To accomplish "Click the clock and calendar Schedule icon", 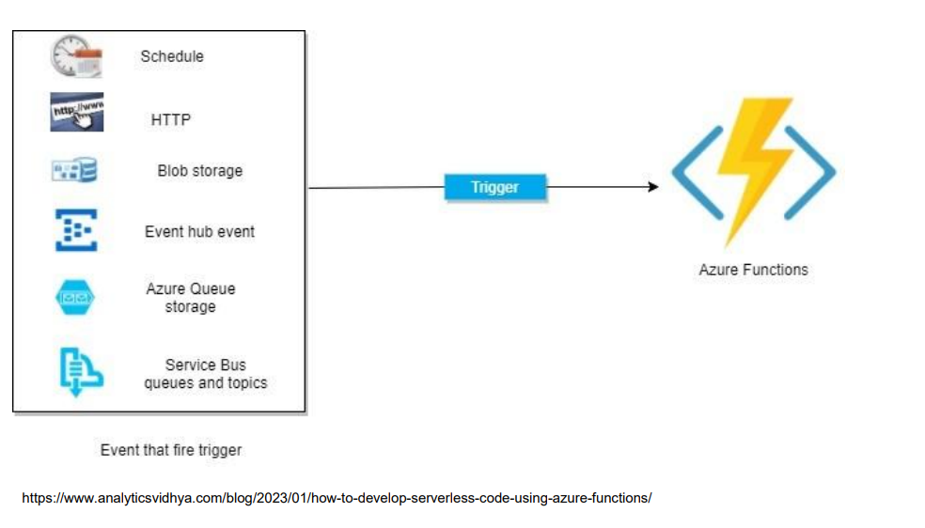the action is [x=76, y=56].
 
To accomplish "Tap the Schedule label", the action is [x=172, y=56].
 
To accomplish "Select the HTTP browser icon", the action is [x=77, y=112].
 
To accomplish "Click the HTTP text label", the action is [x=170, y=119].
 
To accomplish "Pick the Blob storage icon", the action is [x=74, y=170].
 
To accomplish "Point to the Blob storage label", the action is [x=199, y=171].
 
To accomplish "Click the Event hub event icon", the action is [x=76, y=230].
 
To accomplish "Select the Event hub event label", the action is [x=199, y=232].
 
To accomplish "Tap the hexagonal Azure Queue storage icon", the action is [x=75, y=298].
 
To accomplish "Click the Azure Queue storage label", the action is [x=191, y=298].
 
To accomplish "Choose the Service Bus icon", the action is [x=81, y=372].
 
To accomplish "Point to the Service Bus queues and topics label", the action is [x=205, y=374].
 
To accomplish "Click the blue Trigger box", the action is [x=495, y=187].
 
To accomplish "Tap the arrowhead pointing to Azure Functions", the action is [x=653, y=187].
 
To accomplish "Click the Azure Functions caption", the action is [x=753, y=270].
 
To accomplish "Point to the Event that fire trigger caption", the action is [x=171, y=450].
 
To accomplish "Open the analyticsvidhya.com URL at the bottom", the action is [x=337, y=498].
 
